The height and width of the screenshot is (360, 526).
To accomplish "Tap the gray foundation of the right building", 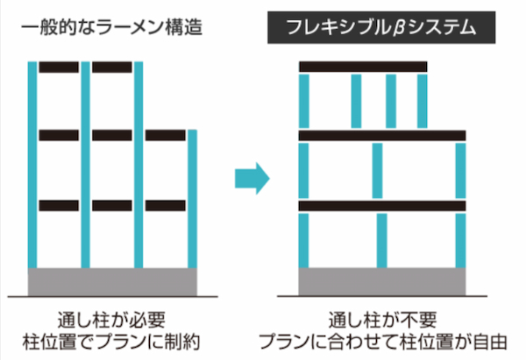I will [x=383, y=282].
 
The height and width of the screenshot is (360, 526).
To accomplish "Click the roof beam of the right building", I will [x=362, y=67].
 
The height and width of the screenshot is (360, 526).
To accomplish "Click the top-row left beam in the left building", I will [x=59, y=67].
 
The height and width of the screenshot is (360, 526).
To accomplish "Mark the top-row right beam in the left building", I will [x=112, y=67].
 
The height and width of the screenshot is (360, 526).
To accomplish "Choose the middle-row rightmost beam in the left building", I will [x=166, y=136].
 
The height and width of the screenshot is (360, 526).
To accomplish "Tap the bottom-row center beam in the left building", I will [x=112, y=205].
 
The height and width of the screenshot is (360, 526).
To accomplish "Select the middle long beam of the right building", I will [x=382, y=136].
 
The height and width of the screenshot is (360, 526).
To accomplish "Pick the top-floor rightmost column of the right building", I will [x=423, y=101].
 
